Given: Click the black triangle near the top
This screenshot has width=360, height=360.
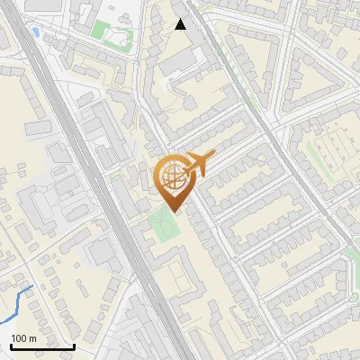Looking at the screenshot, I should point(181,24).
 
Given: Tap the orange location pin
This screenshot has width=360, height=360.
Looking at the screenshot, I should point(175,181).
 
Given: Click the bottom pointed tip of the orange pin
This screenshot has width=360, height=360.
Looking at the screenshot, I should point(175,212).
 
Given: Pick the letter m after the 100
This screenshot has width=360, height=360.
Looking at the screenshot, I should point(31,338).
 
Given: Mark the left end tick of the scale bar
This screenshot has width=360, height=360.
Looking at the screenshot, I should point(10,345).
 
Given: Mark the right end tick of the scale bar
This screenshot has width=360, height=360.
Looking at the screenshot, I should point(74,345).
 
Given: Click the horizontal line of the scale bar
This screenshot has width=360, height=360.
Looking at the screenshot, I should point(41,346).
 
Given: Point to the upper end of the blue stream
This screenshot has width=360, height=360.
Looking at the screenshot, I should point(32,286).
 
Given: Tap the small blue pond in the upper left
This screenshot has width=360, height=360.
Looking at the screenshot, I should point(35,32).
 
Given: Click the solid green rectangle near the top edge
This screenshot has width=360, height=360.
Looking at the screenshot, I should point(99,29).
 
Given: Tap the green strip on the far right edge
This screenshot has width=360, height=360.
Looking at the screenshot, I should point(353,270).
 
